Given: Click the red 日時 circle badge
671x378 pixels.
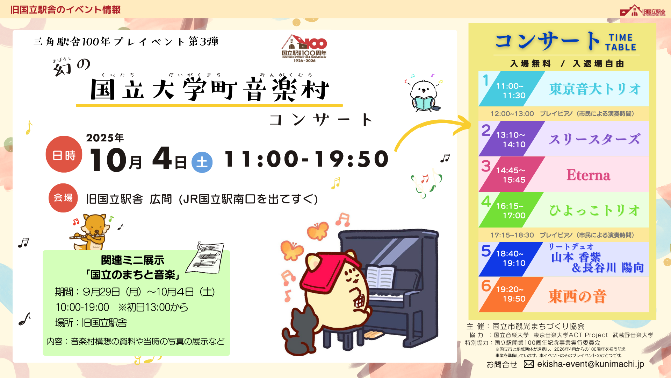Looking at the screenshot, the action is [x=64, y=154].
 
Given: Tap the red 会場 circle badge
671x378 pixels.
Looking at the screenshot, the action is [x=63, y=198].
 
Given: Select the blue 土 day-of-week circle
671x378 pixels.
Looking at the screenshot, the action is [x=202, y=162].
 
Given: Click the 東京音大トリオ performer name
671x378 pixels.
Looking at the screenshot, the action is [x=595, y=89].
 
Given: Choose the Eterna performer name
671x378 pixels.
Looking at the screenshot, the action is [x=589, y=175].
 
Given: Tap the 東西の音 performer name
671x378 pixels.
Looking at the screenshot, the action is [x=577, y=296].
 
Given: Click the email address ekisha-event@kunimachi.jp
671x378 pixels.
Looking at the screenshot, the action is [x=590, y=364].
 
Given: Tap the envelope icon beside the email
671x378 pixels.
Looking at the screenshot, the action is [x=529, y=364].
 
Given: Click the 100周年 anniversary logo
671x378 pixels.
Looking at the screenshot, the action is [x=304, y=48].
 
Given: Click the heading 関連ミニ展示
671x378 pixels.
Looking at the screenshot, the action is [x=133, y=260].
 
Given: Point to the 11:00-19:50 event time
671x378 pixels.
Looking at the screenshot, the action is [x=306, y=159].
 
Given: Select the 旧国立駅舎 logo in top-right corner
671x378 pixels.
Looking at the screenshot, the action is [x=643, y=10].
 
